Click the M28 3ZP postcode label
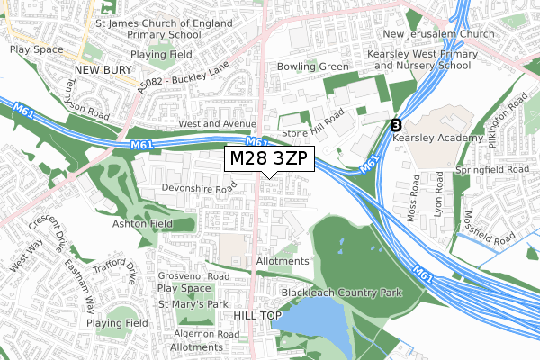pyautogui.click(x=269, y=158)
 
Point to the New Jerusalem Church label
pyautogui.click(x=438, y=34)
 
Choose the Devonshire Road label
pyautogui.click(x=198, y=188)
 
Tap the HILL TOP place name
pyautogui.click(x=257, y=316)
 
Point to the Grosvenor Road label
pyautogui.click(x=193, y=276)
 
